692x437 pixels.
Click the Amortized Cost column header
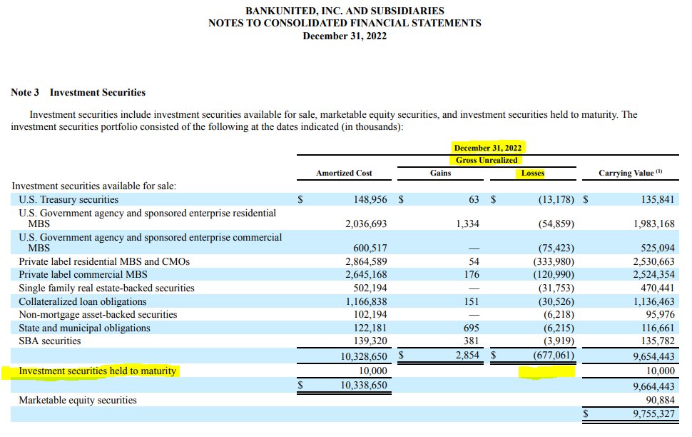(344, 174)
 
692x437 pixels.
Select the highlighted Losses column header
(533, 174)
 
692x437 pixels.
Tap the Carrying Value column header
(630, 173)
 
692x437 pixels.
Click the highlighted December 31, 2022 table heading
(488, 148)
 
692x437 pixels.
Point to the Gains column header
(440, 173)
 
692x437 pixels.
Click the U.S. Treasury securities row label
(68, 199)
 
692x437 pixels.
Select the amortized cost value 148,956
(370, 199)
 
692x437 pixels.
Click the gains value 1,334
(467, 223)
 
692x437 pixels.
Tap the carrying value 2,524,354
(653, 274)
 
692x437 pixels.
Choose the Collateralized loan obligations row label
(83, 301)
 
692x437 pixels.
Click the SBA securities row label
(50, 341)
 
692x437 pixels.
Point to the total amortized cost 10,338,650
(363, 385)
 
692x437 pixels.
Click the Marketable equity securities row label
(78, 400)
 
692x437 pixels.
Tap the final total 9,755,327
(653, 413)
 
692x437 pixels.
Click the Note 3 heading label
(25, 92)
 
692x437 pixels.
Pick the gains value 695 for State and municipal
(472, 328)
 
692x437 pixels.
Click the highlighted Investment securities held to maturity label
(97, 371)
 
